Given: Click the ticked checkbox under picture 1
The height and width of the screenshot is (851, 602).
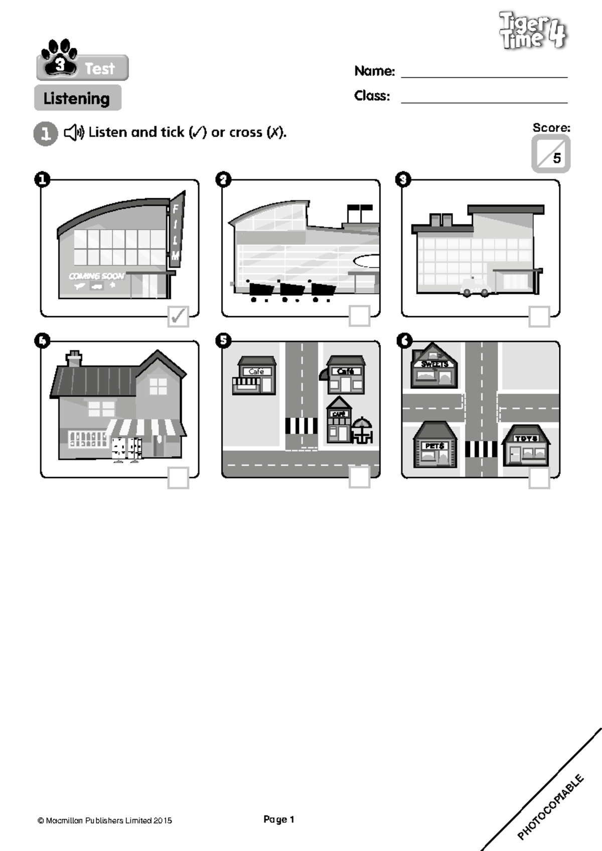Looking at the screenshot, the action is tap(178, 316).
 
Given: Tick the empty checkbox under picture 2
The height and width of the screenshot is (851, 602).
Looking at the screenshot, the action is tap(359, 316).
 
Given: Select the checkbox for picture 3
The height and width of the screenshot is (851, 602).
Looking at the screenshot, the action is tap(539, 316).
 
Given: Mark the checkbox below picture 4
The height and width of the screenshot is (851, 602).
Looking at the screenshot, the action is tap(178, 478).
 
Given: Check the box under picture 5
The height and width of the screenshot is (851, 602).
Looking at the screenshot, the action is tap(359, 477).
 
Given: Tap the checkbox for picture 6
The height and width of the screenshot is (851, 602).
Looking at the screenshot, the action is tap(539, 478).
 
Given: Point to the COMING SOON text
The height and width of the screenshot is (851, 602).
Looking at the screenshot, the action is tap(96, 276).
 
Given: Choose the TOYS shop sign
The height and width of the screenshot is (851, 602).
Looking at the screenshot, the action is tap(526, 439).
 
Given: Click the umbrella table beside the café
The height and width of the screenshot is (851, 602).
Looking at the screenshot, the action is tap(362, 431).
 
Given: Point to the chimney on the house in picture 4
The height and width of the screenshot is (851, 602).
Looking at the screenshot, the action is tap(74, 358).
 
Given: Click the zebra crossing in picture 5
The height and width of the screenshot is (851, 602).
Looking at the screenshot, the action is tap(301, 426).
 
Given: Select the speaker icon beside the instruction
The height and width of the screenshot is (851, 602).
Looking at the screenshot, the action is tap(74, 132).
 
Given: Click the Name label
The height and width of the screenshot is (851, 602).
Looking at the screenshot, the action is tap(374, 71).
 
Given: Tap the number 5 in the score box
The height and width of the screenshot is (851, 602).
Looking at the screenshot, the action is tap(557, 158).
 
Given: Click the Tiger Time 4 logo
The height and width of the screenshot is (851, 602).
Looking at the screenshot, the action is tap(533, 31).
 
